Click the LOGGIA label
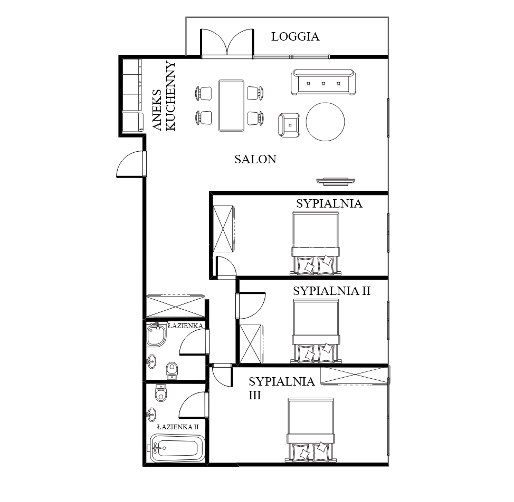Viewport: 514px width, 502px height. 295,36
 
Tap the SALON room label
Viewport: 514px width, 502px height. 255,159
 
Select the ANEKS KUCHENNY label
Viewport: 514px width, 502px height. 164,96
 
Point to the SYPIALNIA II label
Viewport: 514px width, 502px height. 331,291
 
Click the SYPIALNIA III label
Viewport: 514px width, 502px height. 281,388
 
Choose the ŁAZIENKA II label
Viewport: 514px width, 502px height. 178,427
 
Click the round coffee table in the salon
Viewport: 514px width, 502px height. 325,122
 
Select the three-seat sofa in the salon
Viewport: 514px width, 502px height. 323,82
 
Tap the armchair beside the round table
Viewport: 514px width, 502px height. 289,125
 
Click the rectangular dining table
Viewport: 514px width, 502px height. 231,105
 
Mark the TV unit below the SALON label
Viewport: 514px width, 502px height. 336,181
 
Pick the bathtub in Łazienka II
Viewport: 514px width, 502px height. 177,448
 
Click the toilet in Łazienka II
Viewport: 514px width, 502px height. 160,392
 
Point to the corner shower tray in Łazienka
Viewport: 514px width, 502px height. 156,335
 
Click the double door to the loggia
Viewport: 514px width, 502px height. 227,43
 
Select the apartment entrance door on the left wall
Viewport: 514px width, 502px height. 131,164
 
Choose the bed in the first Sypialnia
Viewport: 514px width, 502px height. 315,243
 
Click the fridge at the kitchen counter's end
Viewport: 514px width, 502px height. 133,122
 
